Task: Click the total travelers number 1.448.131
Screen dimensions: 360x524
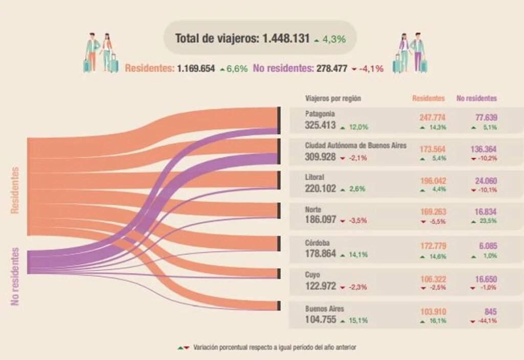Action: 286,38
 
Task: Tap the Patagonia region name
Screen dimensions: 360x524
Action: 320,114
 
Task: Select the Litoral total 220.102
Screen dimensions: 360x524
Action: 321,188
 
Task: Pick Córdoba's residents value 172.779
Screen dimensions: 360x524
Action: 433,245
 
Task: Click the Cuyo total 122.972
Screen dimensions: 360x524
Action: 321,286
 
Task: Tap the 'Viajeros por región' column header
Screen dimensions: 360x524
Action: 333,98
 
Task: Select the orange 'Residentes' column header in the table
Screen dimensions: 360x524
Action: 428,98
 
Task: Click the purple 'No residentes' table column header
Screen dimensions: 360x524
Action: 477,98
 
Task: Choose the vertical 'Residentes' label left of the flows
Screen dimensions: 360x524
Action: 15,190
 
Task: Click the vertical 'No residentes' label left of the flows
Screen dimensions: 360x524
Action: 15,277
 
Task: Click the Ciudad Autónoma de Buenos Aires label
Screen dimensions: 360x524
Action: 356,145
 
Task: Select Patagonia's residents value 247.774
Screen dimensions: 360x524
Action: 433,117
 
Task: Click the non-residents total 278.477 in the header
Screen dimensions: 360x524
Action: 332,68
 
